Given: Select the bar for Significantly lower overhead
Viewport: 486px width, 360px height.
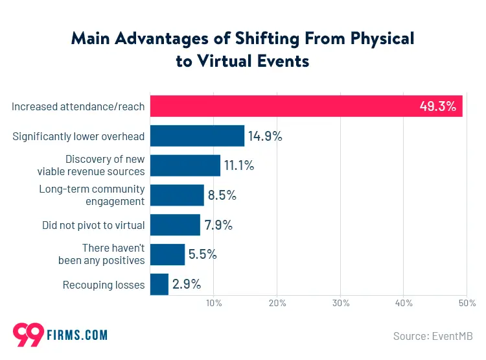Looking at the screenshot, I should coord(197,136).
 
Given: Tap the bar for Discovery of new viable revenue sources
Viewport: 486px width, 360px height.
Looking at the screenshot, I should coord(185,165).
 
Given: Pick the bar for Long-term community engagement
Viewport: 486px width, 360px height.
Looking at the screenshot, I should coord(177,195).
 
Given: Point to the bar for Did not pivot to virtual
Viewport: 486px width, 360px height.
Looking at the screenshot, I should coord(175,225).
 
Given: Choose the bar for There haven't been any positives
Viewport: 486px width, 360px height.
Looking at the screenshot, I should coord(167,255).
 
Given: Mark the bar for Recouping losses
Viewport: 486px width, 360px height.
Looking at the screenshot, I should coord(159,284).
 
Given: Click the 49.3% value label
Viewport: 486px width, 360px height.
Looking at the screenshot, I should coord(438,106).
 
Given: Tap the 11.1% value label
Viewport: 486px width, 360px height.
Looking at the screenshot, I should coord(239,166).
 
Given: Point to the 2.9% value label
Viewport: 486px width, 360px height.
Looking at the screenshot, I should coord(187,284).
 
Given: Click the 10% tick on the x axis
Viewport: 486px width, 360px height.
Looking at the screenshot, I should coord(214,303).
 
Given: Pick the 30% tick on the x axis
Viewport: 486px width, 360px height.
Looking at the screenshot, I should coord(341,303).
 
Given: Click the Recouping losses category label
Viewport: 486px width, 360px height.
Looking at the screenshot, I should coord(104,285).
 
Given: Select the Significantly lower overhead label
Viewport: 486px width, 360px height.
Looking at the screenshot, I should coord(79,136).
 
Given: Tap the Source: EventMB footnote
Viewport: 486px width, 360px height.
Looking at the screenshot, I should coord(433,336).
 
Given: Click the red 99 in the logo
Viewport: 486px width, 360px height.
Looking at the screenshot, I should coord(29,335).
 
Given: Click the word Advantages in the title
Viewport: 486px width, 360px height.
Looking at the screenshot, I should coord(151,38).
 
